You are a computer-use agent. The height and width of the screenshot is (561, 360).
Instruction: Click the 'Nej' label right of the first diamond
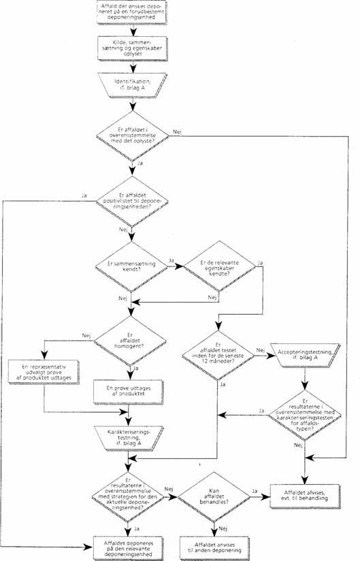tap(178, 129)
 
